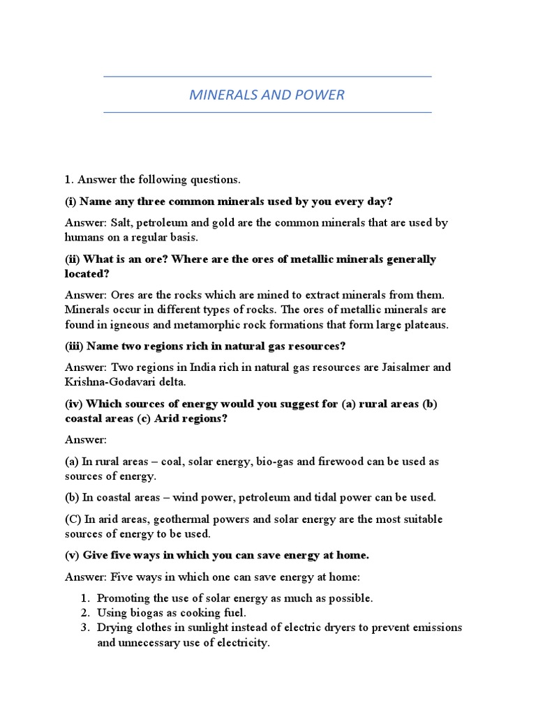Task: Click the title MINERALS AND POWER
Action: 267,94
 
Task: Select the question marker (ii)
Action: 74,259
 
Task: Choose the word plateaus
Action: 426,324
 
